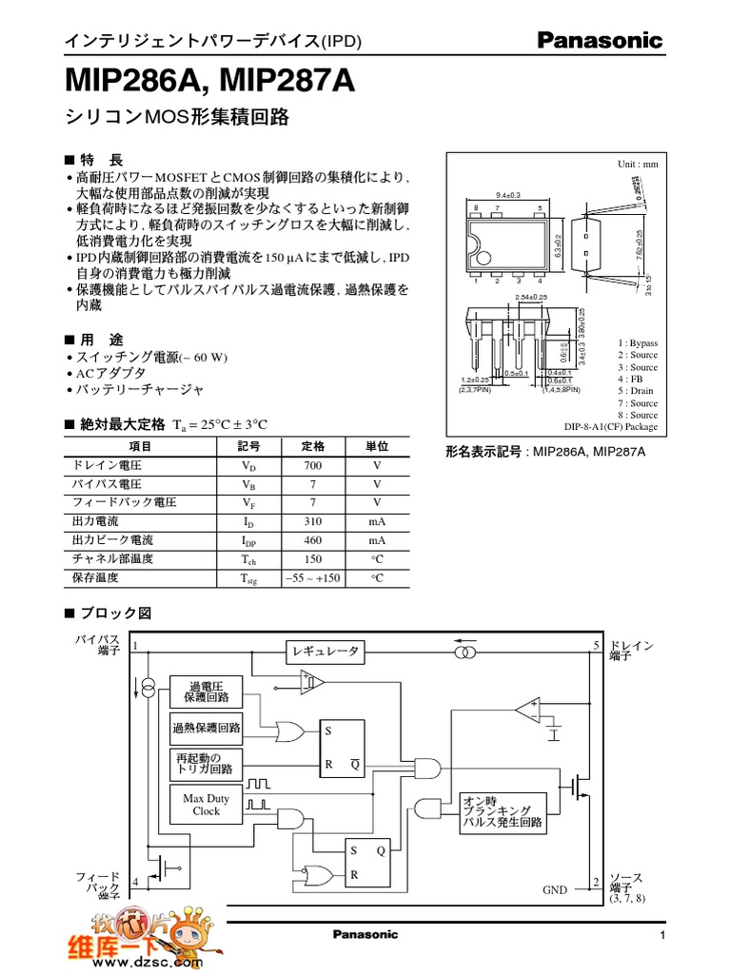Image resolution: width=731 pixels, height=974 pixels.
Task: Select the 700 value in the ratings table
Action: click(x=313, y=466)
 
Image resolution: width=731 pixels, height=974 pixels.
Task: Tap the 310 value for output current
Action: click(x=313, y=521)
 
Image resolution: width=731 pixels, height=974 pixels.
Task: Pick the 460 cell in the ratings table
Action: click(x=313, y=540)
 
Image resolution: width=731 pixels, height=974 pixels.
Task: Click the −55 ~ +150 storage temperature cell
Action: click(x=313, y=577)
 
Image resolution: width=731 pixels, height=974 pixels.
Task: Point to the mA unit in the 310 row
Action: click(x=377, y=521)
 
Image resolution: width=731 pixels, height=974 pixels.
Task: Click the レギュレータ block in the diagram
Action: click(x=326, y=652)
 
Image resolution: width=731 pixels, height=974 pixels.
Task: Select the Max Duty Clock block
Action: click(x=206, y=805)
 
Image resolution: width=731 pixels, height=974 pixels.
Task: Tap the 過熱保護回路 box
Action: click(x=206, y=729)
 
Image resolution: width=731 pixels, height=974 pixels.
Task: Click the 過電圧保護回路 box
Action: click(x=206, y=692)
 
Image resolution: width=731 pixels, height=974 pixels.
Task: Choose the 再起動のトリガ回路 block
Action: click(x=206, y=763)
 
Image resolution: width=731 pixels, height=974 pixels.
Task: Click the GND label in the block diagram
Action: click(x=554, y=890)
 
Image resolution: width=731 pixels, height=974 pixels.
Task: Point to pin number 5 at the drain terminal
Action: click(x=596, y=646)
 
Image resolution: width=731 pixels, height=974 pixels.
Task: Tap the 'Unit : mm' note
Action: click(x=638, y=165)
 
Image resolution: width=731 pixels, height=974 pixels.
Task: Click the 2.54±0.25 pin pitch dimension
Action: click(x=530, y=298)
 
